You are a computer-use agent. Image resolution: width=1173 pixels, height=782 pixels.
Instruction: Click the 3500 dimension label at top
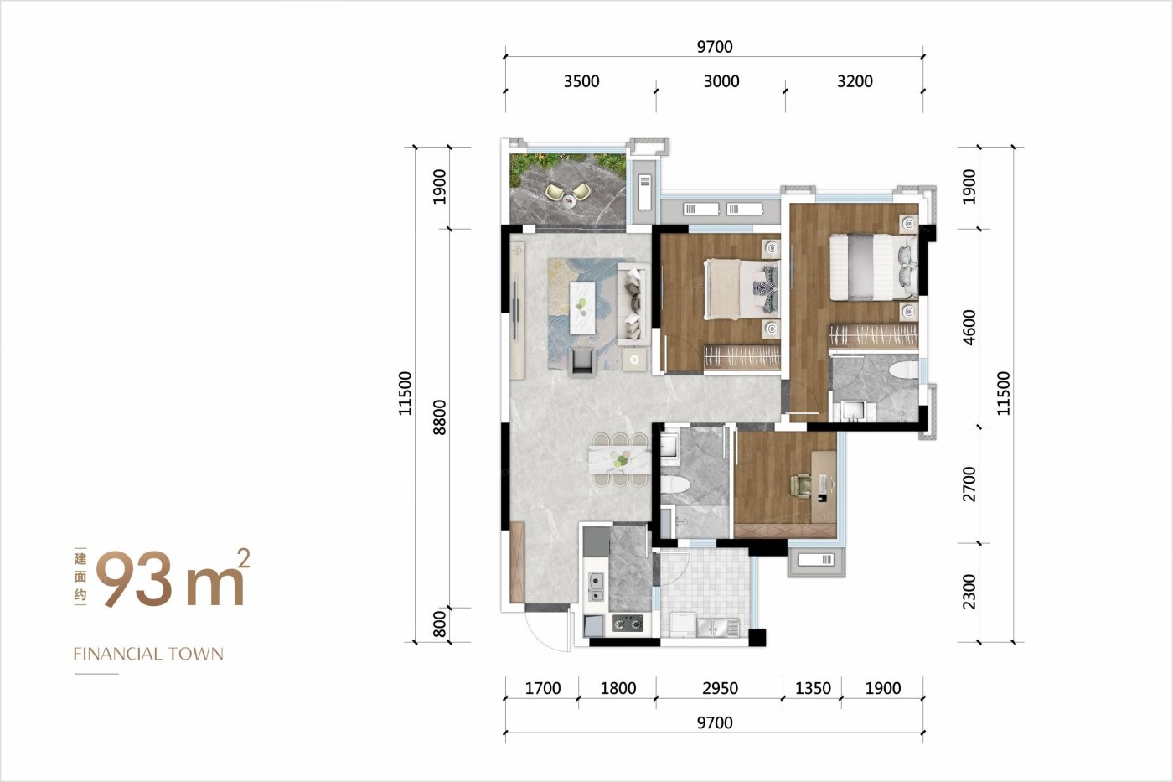click(x=581, y=81)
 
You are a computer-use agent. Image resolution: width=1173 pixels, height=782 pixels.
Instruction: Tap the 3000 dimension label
click(x=721, y=81)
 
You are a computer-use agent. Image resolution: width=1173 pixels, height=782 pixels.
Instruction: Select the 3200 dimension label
click(x=855, y=81)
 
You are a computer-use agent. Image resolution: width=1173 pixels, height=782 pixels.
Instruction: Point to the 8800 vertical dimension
click(x=440, y=417)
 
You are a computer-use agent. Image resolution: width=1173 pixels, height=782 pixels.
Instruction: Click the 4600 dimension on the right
click(x=969, y=328)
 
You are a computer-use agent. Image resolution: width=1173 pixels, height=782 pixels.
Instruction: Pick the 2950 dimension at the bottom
click(x=720, y=688)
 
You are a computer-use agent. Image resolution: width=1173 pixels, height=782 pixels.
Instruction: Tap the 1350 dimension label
click(x=813, y=688)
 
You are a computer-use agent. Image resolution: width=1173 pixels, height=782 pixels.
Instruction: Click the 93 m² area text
click(x=173, y=578)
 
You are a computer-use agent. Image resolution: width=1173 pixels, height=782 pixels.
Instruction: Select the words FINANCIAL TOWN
click(x=148, y=654)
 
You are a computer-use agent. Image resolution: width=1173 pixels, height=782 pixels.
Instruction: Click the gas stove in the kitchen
click(x=628, y=624)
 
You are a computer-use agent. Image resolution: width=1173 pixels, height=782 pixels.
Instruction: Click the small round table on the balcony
click(x=568, y=199)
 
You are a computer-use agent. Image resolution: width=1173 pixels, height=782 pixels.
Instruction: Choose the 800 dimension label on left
click(x=440, y=624)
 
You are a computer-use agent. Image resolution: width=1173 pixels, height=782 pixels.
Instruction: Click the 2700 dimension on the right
click(x=969, y=484)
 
